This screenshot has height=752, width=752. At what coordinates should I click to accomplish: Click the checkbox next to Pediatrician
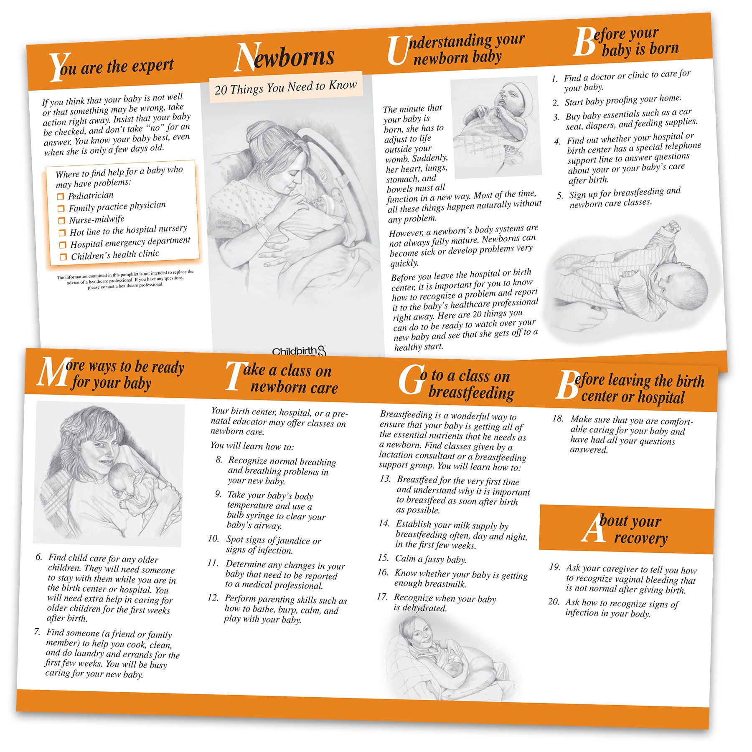pyautogui.click(x=61, y=196)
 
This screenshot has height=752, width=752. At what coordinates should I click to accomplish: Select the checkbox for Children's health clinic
pyautogui.click(x=63, y=257)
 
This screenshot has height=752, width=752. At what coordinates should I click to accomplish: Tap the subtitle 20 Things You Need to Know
pyautogui.click(x=286, y=87)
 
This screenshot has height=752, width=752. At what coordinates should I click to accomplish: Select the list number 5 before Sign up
pyautogui.click(x=560, y=196)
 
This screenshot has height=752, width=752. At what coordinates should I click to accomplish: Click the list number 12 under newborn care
pyautogui.click(x=213, y=598)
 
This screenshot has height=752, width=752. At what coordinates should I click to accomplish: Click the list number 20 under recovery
pyautogui.click(x=554, y=602)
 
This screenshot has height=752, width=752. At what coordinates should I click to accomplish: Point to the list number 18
pyautogui.click(x=558, y=418)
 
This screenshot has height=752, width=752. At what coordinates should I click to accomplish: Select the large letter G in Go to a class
pyautogui.click(x=412, y=380)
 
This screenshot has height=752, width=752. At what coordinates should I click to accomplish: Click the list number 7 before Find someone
pyautogui.click(x=37, y=631)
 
